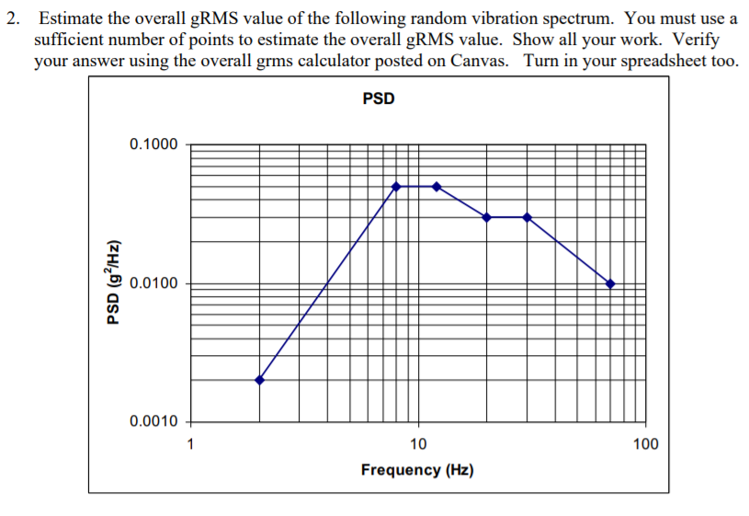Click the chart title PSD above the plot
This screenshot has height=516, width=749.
(378, 98)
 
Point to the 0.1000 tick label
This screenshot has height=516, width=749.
(154, 144)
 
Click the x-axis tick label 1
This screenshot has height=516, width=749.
(190, 444)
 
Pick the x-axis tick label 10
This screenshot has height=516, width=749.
(417, 444)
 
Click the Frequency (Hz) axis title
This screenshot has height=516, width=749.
(417, 470)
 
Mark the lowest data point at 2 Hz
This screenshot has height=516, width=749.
(259, 380)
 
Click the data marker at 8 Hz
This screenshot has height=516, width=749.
(396, 186)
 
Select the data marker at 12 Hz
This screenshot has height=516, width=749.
(437, 186)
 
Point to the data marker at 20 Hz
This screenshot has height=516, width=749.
(486, 217)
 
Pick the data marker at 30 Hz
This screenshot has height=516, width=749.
(527, 217)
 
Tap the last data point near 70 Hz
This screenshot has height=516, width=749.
(610, 283)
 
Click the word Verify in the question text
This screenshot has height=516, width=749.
(697, 40)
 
